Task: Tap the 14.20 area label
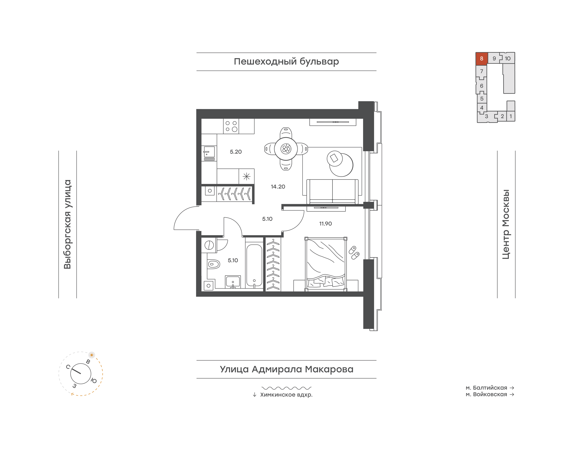(278, 187)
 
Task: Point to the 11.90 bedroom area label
(325, 224)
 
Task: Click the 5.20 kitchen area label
(236, 152)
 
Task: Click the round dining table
(286, 149)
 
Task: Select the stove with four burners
(231, 126)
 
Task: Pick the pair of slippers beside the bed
(354, 253)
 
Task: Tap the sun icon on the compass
(92, 355)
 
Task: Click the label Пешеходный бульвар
(286, 62)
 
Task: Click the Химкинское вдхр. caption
(286, 395)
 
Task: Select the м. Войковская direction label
(486, 394)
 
